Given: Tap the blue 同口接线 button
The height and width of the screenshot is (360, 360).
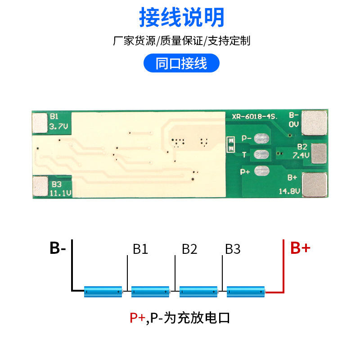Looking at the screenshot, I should [x=181, y=63].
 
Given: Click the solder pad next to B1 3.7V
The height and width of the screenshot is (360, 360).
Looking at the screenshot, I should [x=40, y=122].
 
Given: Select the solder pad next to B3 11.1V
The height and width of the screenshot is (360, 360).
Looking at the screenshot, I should [x=40, y=186].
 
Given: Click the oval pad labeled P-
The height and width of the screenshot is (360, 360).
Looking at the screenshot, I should [x=261, y=139].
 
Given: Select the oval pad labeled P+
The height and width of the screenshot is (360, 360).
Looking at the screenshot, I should [x=261, y=171].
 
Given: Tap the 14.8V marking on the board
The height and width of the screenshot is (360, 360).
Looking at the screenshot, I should [x=289, y=191].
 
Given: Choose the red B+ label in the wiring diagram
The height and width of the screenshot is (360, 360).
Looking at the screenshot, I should [x=300, y=248].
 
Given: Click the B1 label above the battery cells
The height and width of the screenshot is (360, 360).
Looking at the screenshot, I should [x=140, y=249].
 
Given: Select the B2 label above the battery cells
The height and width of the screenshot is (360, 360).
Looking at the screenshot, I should [x=189, y=249].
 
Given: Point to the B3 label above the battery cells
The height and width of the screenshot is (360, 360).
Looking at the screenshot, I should [x=233, y=249].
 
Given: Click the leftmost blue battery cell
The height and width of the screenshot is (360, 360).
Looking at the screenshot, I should [x=103, y=292].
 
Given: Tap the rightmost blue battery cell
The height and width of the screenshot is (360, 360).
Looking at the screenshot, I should [x=246, y=292].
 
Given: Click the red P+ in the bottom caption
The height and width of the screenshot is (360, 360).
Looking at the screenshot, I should [x=137, y=318].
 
